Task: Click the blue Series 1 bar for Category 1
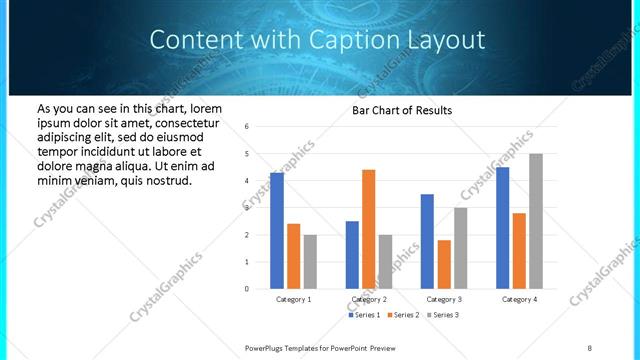(277, 231)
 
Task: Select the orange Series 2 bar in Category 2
(368, 229)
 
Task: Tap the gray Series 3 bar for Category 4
(536, 221)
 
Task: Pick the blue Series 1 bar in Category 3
(427, 241)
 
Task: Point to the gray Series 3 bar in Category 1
(310, 261)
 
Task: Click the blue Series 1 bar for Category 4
(502, 228)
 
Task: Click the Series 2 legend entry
(405, 315)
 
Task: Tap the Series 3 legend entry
(443, 315)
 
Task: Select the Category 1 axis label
(293, 299)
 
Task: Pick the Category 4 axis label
(519, 299)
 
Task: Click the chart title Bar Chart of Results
(402, 110)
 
